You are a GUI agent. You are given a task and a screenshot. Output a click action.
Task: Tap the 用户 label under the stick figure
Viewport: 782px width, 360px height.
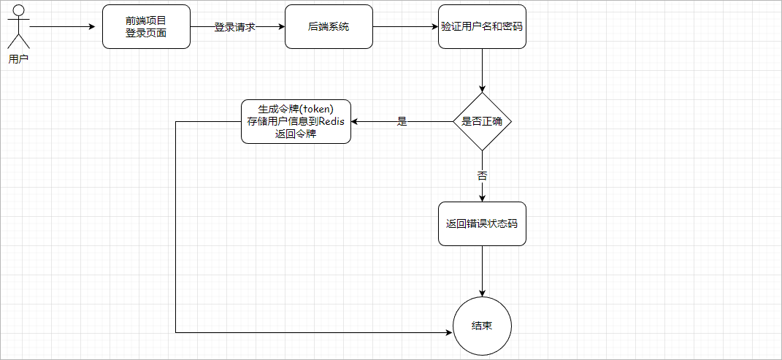click(18, 60)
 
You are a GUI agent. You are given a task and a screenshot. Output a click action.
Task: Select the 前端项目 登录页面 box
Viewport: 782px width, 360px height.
click(146, 27)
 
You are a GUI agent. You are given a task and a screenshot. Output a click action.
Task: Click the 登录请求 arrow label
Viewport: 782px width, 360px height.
click(234, 27)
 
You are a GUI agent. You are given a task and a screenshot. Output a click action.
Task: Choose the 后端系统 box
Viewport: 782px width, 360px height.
click(329, 27)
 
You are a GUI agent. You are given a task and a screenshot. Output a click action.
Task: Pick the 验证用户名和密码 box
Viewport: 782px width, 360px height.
click(482, 27)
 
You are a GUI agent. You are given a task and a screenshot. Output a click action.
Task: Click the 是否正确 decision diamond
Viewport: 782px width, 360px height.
click(482, 121)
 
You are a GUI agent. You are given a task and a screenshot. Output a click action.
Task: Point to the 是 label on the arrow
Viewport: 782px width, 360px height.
click(402, 121)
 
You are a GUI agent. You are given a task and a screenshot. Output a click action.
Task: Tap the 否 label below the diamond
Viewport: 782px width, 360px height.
click(482, 176)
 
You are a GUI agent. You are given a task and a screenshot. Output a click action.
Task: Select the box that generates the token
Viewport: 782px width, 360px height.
click(296, 121)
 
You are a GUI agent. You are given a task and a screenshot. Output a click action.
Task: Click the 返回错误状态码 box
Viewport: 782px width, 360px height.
click(482, 223)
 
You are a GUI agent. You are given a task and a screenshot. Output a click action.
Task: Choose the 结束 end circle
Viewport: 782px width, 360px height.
click(482, 326)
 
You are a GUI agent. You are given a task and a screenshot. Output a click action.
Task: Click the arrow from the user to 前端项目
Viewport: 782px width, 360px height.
click(62, 28)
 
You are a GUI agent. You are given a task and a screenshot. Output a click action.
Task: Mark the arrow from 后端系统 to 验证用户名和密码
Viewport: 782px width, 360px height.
click(405, 28)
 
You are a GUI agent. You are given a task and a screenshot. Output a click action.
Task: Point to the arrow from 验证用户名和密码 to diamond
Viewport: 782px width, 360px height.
click(482, 70)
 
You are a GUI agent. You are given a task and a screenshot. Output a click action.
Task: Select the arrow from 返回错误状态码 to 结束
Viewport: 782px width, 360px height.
click(482, 271)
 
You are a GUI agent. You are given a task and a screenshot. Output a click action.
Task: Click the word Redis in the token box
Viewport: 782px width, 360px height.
click(331, 121)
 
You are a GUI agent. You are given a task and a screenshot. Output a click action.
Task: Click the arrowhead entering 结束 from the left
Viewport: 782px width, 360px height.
click(448, 332)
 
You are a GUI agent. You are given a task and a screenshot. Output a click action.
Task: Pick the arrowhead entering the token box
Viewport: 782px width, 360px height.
click(355, 121)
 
